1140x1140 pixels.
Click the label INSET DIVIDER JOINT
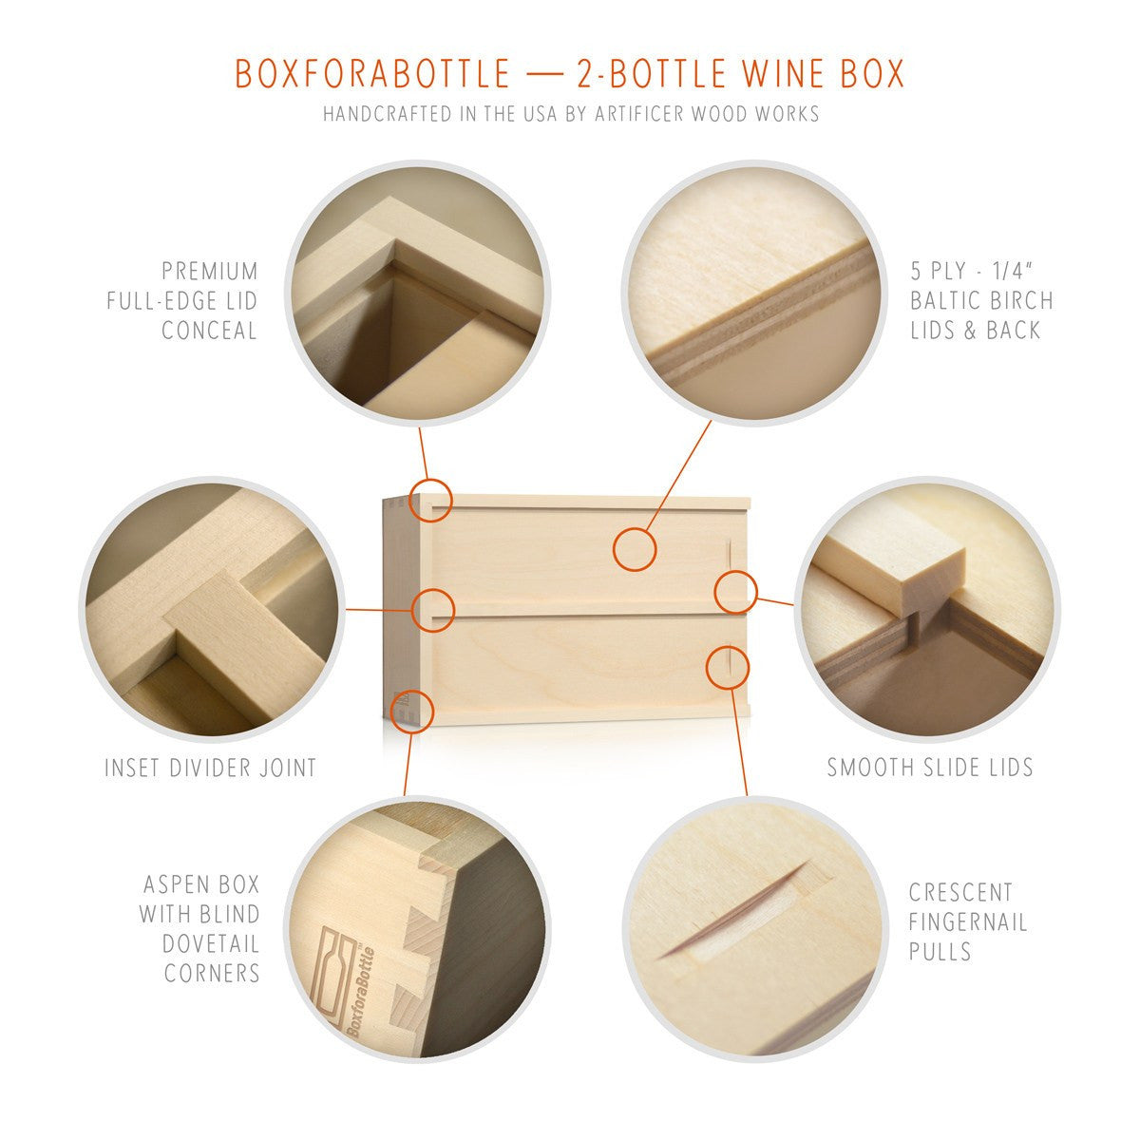pos(210,768)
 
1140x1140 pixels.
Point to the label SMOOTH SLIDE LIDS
pos(929,768)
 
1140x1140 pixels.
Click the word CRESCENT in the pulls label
pos(960,893)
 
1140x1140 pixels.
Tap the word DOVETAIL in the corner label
pos(210,943)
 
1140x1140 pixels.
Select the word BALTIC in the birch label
pos(950,301)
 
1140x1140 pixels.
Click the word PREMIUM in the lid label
pos(210,272)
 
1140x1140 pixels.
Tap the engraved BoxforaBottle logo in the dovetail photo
pos(347,988)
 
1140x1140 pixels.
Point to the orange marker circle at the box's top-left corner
pos(430,499)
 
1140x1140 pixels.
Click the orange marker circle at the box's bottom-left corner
pos(413,710)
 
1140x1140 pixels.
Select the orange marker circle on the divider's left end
pos(434,609)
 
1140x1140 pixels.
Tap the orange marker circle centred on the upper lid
pos(634,549)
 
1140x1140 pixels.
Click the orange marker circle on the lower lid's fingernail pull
pos(727,666)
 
